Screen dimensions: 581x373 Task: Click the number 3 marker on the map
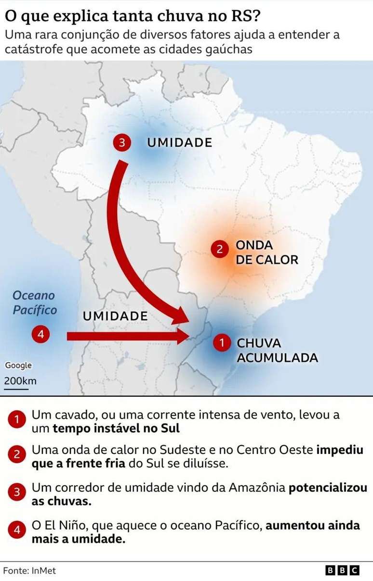122,143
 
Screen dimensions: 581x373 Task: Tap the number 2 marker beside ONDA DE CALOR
220,249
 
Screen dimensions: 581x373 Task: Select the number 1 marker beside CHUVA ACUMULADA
222,343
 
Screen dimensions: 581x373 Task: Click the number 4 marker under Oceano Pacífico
40,334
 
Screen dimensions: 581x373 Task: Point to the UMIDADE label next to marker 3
179,143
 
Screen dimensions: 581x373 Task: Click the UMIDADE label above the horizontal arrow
115,316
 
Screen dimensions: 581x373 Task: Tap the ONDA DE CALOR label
266,253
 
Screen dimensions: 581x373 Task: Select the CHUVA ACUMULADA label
277,351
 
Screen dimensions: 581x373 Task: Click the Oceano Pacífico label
34,303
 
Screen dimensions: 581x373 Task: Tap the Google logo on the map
18,366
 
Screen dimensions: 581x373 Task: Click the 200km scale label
20,381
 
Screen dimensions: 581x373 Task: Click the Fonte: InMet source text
29,571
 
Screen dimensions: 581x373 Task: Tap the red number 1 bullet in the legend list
17,420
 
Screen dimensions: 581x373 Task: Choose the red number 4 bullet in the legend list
17,530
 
